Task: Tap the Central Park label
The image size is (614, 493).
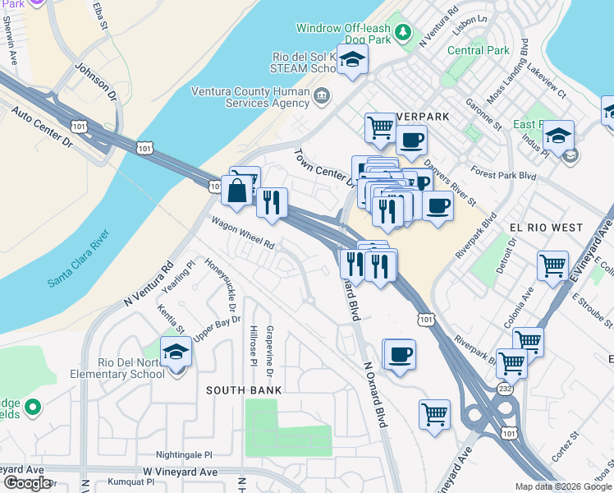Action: click(x=479, y=50)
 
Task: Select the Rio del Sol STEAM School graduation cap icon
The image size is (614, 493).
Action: click(x=352, y=60)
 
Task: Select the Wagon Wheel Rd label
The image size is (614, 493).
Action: click(x=241, y=233)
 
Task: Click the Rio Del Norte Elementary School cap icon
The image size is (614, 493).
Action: click(x=175, y=353)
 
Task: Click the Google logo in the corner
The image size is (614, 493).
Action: click(x=27, y=483)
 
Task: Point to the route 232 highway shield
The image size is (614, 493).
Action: click(x=503, y=388)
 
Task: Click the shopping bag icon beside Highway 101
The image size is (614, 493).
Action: click(x=236, y=190)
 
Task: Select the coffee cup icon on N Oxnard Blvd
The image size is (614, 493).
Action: click(x=399, y=355)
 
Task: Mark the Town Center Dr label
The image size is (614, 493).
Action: click(x=323, y=166)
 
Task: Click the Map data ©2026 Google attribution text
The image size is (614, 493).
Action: click(x=562, y=486)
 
